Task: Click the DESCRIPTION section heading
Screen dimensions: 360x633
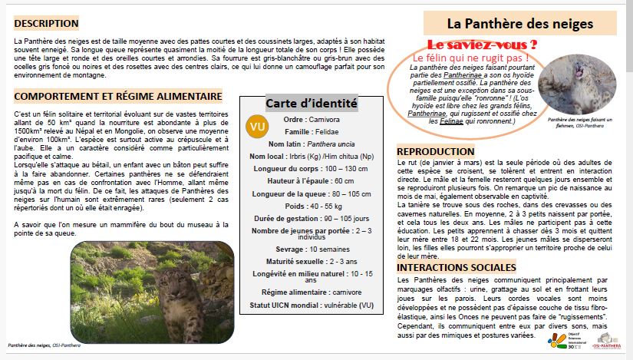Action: (x=46, y=24)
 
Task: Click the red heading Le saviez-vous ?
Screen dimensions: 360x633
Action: (x=481, y=45)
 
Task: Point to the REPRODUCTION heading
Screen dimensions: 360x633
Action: (x=436, y=151)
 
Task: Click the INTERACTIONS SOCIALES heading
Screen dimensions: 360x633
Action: (x=456, y=268)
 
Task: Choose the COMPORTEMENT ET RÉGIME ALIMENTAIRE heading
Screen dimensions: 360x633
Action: (x=118, y=97)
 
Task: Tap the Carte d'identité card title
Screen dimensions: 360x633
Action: (x=311, y=103)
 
